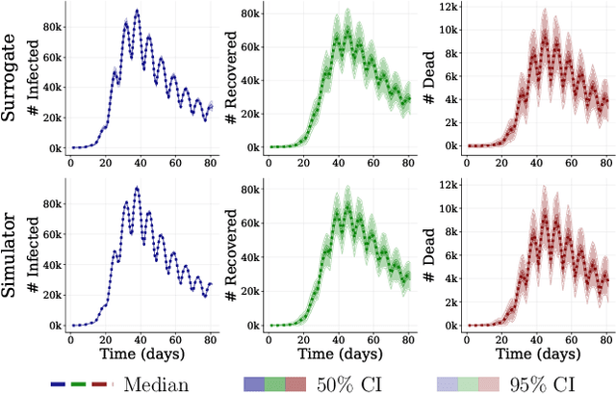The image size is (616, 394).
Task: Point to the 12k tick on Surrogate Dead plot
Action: (446, 6)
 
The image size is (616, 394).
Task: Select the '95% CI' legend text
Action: (562, 383)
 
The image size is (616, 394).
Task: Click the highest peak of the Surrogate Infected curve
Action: (138, 12)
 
